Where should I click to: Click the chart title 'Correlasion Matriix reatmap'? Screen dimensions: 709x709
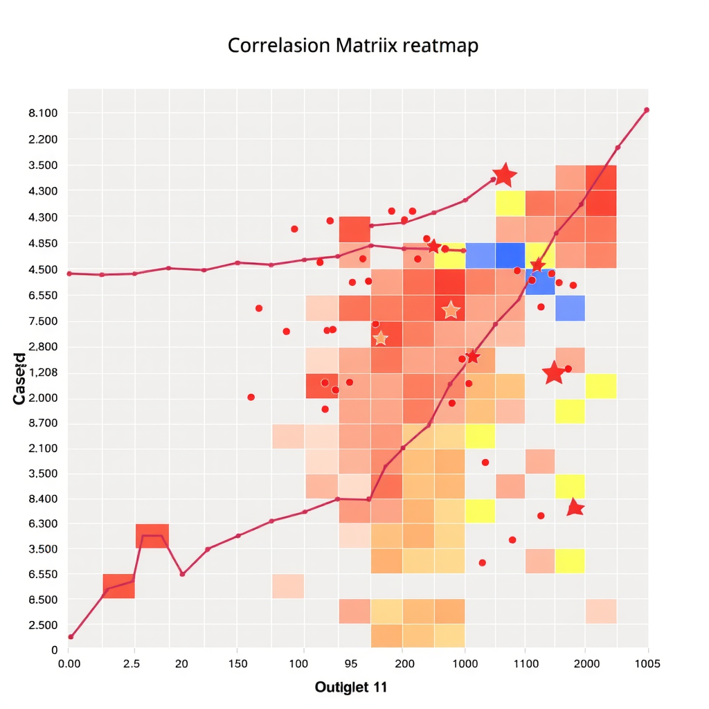353,46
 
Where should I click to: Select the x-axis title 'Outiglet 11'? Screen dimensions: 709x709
350,687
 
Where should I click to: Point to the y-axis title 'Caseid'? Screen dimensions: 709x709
19,379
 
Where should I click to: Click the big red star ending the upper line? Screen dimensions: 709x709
504,176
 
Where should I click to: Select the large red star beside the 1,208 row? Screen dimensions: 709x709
553,373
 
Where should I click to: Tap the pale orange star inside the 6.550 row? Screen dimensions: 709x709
451,310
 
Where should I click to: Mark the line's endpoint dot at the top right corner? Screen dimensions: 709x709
647,110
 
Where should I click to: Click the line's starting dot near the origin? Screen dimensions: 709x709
71,636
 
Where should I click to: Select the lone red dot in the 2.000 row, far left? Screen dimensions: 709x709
251,397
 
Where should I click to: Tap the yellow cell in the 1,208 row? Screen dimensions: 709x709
600,386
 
